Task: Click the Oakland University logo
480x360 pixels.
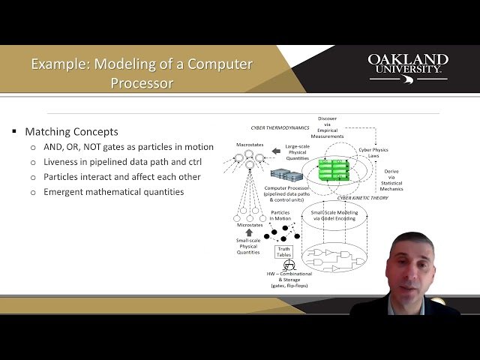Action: (x=408, y=66)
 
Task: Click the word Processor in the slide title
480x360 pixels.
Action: (x=142, y=82)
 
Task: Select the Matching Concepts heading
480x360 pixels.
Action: (x=72, y=131)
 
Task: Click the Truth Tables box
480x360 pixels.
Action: (x=284, y=251)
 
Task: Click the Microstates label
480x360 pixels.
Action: (x=250, y=224)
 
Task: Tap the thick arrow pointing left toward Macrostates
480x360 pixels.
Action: (x=275, y=151)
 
